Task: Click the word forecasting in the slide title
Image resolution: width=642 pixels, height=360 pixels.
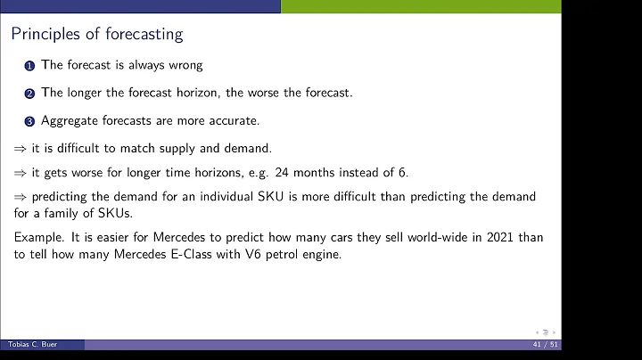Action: (144, 35)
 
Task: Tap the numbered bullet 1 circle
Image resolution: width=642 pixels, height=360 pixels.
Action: (29, 65)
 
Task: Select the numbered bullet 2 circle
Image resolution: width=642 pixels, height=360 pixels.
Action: (29, 93)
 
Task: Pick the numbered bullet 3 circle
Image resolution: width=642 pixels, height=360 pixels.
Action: (29, 120)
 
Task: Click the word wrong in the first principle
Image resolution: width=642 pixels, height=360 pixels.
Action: (184, 65)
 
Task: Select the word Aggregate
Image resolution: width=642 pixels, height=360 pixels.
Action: (68, 120)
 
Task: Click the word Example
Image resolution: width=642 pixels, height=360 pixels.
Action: (37, 237)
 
